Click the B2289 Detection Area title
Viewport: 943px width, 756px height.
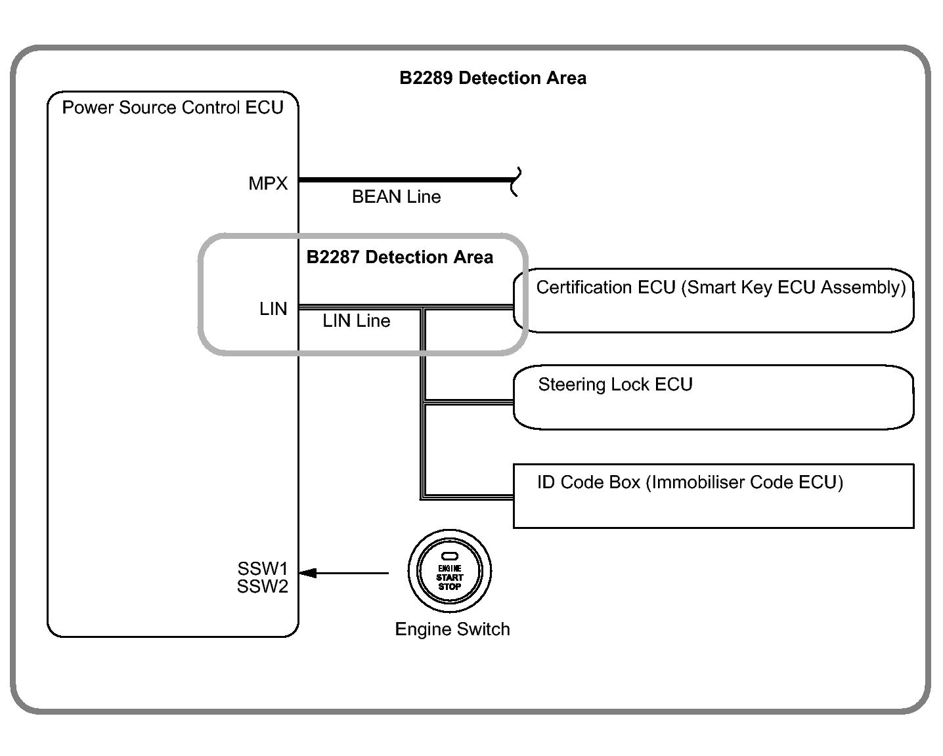(x=493, y=78)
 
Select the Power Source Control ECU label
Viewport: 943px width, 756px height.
(x=173, y=108)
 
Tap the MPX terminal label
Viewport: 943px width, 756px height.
(x=268, y=184)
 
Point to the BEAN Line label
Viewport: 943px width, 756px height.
(x=396, y=197)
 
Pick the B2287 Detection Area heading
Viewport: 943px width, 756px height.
(x=399, y=257)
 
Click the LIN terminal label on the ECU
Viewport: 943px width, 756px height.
(x=273, y=309)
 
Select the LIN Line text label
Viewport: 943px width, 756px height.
(x=357, y=321)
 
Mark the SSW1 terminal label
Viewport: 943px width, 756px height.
(x=263, y=568)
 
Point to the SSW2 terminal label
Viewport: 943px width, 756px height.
(x=263, y=587)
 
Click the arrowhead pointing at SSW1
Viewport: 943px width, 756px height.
(x=307, y=573)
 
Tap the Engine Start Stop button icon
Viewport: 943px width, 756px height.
(x=450, y=570)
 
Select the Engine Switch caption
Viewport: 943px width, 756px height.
(x=452, y=629)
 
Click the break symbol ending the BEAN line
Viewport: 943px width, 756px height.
(x=516, y=182)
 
